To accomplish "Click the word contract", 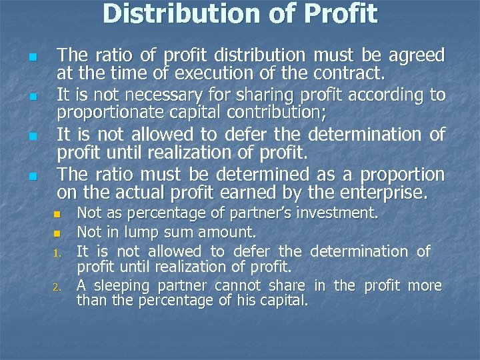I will (347, 72).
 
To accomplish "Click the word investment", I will (338, 213).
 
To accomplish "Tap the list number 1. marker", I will (57, 253).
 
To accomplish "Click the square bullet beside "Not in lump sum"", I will (57, 233).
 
